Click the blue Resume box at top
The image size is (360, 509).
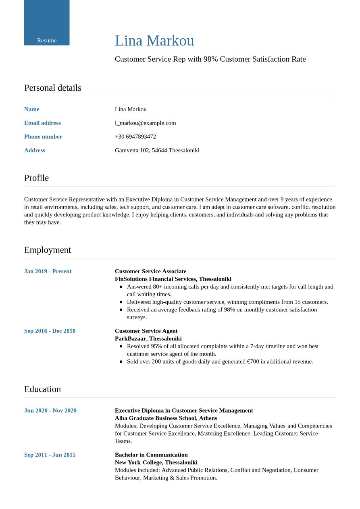47,23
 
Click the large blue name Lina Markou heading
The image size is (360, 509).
154,41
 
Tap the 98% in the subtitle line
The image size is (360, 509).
210,59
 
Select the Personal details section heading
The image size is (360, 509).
52,88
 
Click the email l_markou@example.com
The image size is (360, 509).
145,123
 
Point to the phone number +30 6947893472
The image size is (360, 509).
135,137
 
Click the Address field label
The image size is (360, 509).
35,150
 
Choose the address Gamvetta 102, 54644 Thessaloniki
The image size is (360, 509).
157,150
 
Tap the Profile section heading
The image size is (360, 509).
36,178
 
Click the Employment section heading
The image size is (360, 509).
47,250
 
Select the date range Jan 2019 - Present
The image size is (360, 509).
48,271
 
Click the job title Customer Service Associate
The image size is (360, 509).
150,271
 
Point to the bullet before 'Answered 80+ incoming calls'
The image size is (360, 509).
121,287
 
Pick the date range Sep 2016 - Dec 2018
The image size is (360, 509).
50,331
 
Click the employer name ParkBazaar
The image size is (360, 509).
130,339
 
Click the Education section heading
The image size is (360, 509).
42,389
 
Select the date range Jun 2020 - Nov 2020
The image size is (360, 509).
50,411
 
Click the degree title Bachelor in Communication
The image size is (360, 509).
151,455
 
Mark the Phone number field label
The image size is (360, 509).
43,137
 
